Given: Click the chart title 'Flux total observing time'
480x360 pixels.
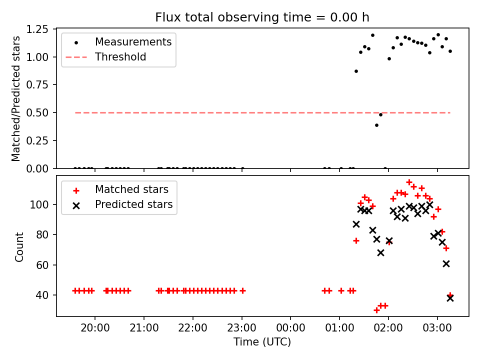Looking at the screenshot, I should click(262, 17).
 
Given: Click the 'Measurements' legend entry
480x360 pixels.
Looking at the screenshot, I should click(133, 41).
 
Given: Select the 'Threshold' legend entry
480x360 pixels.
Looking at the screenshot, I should click(120, 57).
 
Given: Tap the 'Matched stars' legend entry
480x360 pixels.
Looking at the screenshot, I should click(131, 189).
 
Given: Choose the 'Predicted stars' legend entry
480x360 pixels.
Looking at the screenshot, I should click(133, 204).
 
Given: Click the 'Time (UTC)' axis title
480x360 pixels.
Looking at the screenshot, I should click(262, 342).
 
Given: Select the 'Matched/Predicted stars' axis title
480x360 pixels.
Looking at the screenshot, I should click(16, 98).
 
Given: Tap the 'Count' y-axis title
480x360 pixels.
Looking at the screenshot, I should click(19, 246).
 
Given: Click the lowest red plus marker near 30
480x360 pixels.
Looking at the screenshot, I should click(376, 310).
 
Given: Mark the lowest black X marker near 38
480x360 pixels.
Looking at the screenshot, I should click(450, 298).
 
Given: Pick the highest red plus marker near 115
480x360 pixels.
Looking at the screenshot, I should click(409, 182).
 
